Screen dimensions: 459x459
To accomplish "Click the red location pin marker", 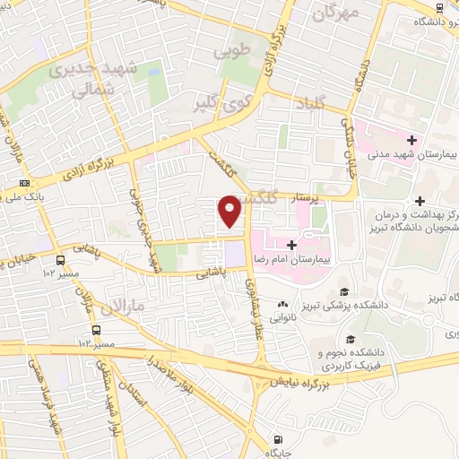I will tap(230, 212).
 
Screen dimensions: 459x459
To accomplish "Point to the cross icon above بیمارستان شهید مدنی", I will tap(411, 141).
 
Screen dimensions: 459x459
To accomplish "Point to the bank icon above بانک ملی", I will tap(24, 184).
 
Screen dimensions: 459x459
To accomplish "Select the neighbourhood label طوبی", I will tap(228, 53).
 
